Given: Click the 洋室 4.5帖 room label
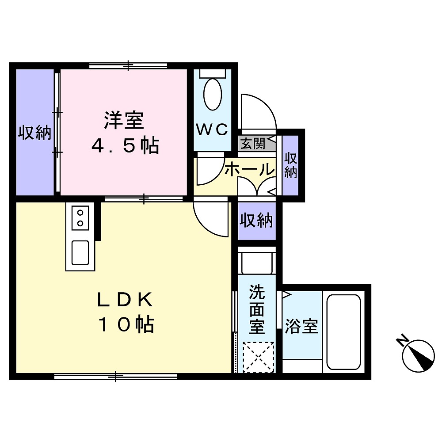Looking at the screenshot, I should point(124,133).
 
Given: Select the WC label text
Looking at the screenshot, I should point(212,130).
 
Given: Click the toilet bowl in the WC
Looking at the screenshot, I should point(212,94).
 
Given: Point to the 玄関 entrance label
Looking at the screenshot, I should point(253,144).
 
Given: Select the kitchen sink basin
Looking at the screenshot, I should point(80,252).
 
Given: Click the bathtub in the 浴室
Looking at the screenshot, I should point(344,332).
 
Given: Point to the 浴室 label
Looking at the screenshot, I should point(301,327).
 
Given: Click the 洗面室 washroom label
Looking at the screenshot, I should point(257,309).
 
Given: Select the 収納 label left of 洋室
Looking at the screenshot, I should point(34,133).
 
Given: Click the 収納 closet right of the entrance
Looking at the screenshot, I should point(290,166).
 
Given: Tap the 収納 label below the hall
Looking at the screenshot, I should point(256,220).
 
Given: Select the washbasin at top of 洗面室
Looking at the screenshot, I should point(257,263).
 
